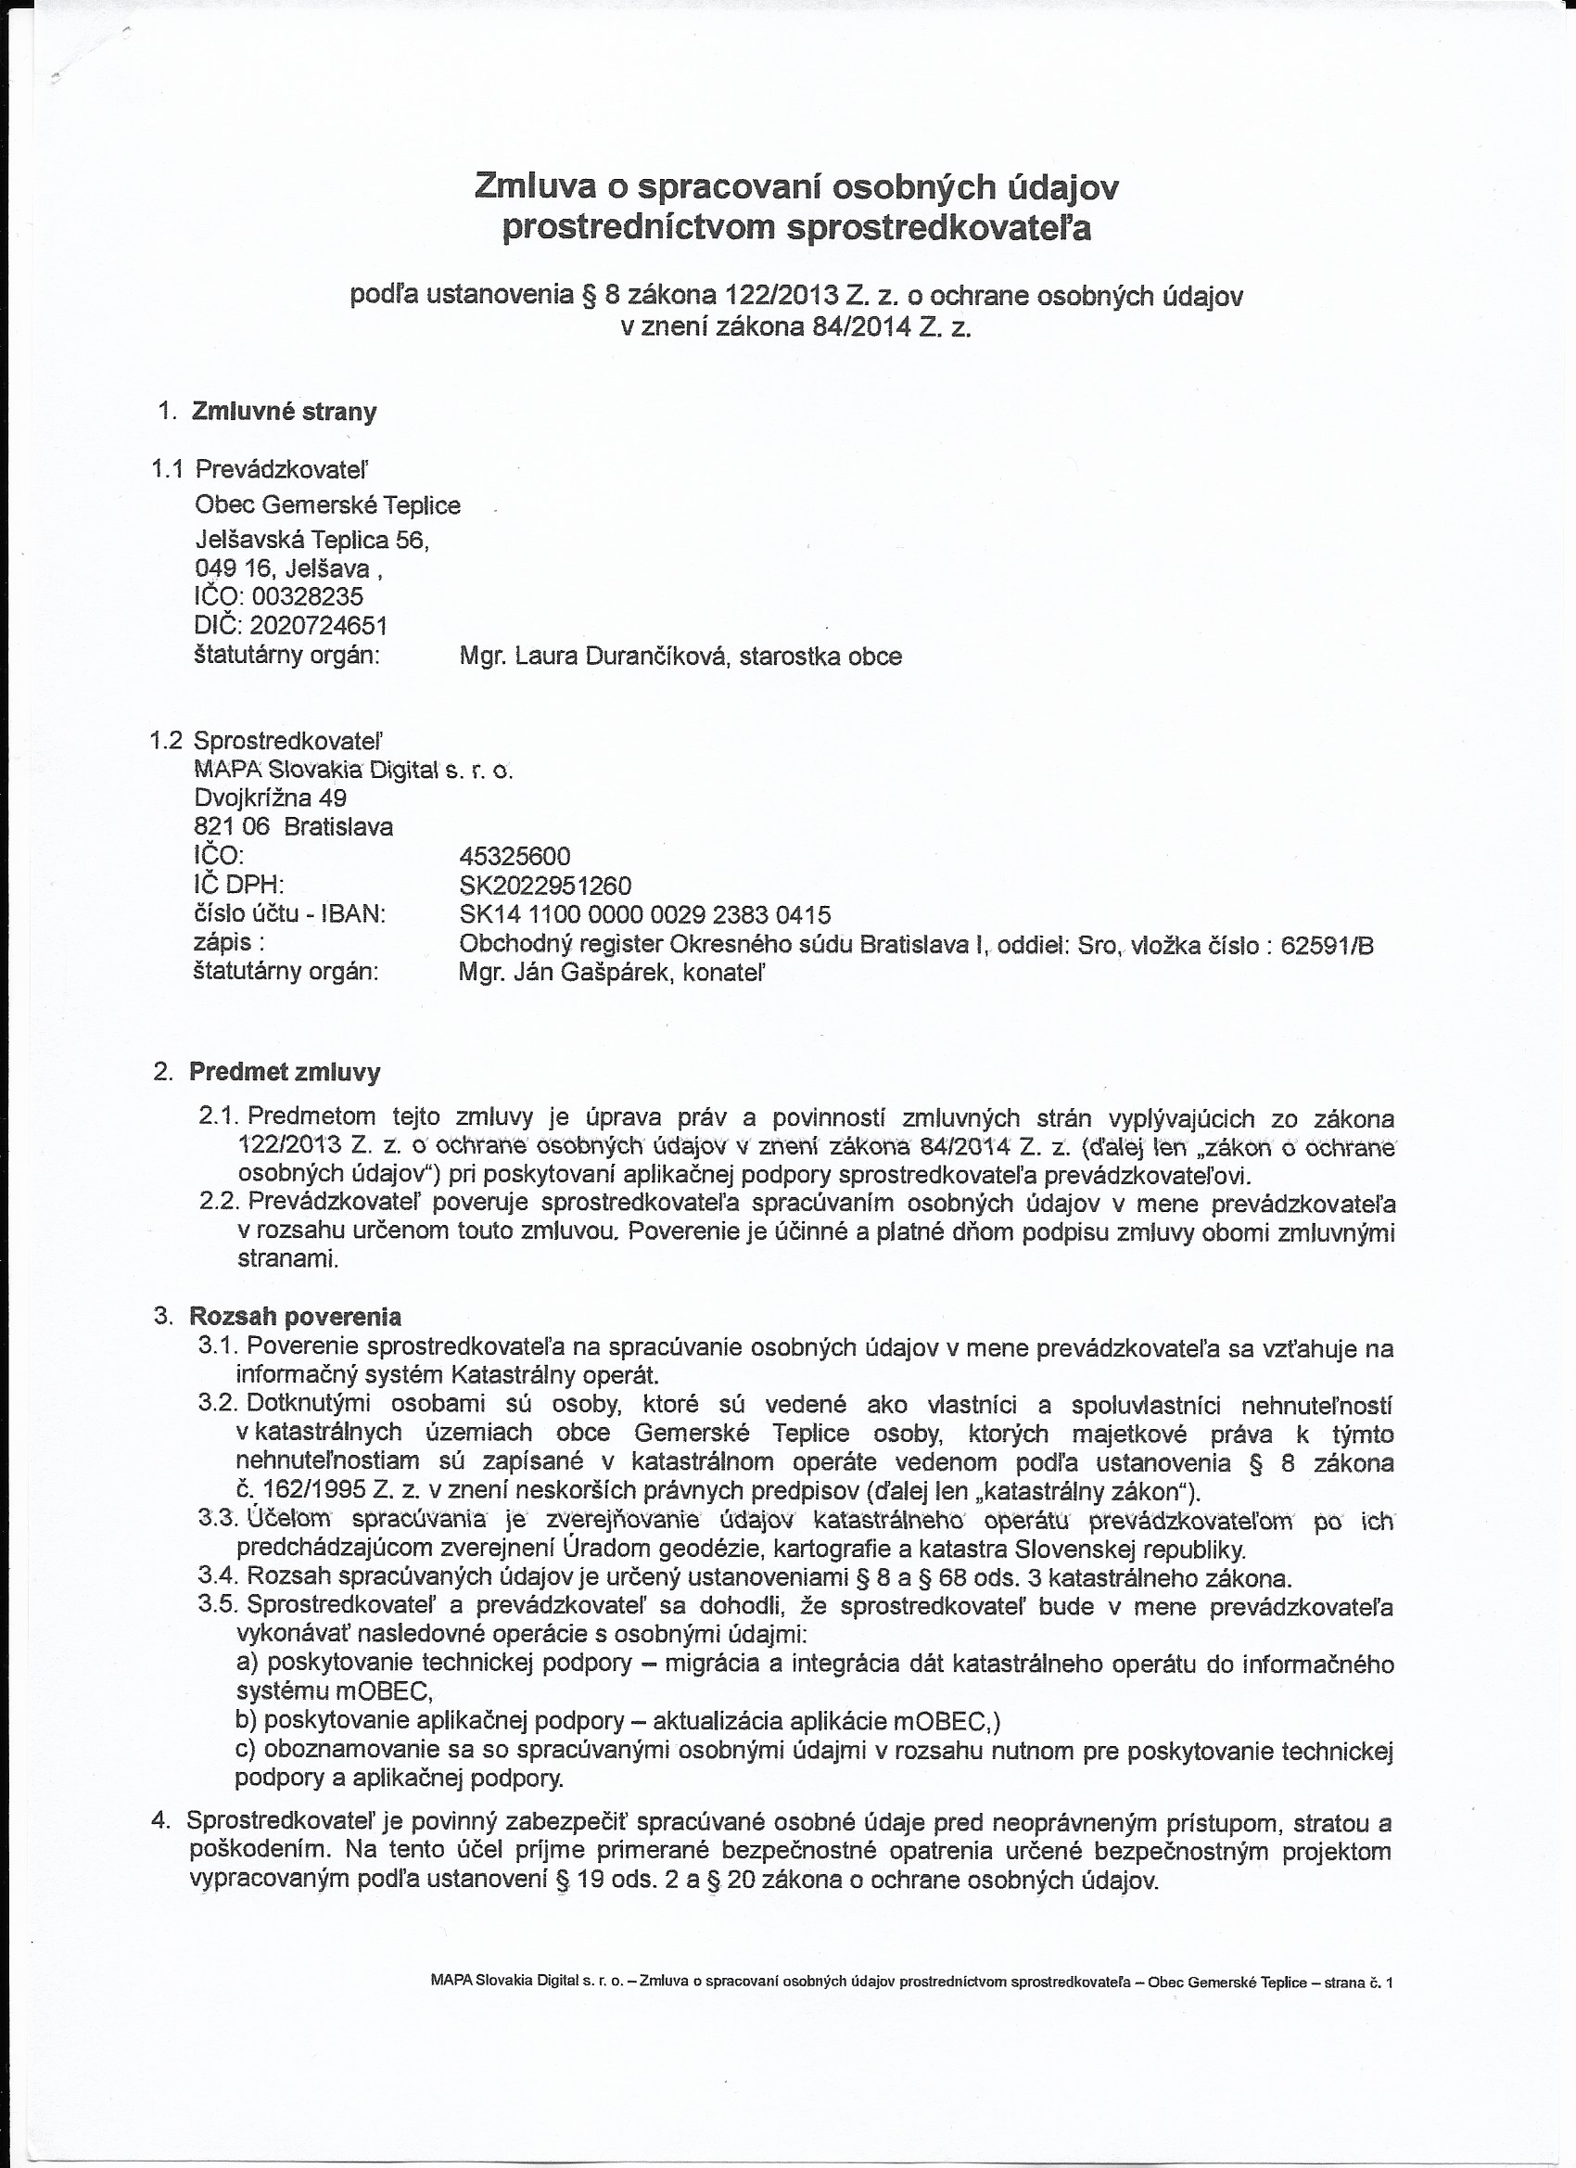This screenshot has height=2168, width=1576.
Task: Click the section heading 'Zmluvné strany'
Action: click(x=284, y=412)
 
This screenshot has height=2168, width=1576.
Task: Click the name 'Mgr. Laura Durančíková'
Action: click(x=592, y=657)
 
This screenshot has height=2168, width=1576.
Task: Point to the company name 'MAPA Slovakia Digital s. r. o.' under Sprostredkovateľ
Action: click(x=353, y=770)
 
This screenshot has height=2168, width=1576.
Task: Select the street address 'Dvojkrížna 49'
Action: click(x=271, y=797)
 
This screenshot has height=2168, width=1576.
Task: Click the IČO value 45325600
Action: click(x=515, y=856)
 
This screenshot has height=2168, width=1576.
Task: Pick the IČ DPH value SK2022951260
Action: click(x=545, y=886)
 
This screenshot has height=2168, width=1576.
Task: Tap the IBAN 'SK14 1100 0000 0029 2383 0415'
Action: click(x=645, y=915)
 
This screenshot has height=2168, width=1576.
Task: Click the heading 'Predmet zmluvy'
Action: click(x=285, y=1072)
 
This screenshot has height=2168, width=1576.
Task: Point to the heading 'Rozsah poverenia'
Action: click(x=296, y=1317)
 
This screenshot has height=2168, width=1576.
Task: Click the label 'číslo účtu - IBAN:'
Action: click(x=289, y=914)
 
